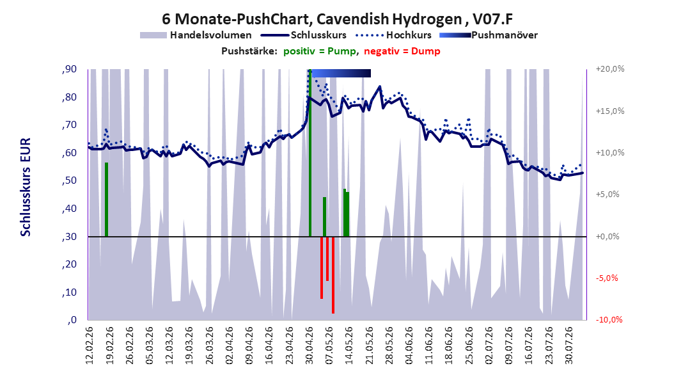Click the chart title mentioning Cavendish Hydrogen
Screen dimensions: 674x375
(337, 19)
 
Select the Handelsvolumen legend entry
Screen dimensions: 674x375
(196, 35)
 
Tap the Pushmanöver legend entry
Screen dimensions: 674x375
(489, 35)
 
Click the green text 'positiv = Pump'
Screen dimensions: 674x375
(320, 51)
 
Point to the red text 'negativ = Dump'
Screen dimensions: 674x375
(402, 51)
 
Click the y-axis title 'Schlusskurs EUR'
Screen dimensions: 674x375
(26, 187)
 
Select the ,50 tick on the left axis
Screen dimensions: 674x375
(69, 180)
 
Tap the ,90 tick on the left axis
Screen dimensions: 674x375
(69, 69)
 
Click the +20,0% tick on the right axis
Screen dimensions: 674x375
(610, 69)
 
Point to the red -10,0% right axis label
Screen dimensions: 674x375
(609, 319)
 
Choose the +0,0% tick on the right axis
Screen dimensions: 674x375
(607, 237)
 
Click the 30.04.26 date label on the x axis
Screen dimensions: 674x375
(309, 346)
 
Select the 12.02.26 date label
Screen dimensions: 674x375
(90, 346)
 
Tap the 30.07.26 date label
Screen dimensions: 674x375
(568, 346)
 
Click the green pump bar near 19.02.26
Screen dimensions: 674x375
(107, 200)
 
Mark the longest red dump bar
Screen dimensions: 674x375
(333, 275)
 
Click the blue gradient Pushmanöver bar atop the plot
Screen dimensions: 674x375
(341, 73)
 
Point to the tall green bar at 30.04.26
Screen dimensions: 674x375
(310, 153)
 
